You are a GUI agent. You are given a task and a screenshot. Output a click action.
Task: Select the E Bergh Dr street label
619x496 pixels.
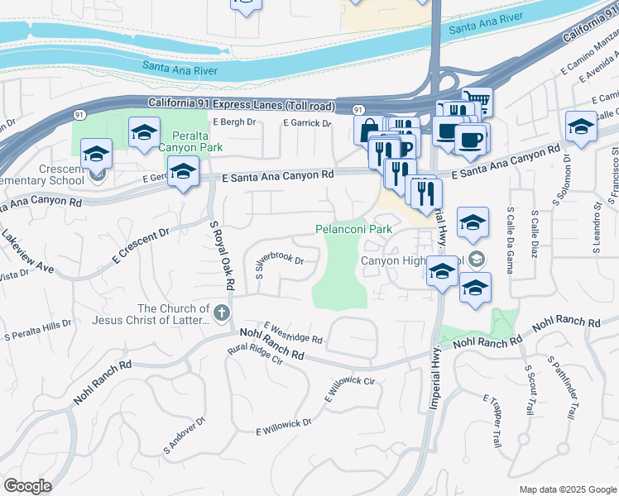coord(234,122)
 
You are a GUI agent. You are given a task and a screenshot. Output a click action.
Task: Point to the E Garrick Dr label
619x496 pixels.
coord(306,123)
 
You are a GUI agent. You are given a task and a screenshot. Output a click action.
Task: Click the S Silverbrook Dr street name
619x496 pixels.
coord(280,265)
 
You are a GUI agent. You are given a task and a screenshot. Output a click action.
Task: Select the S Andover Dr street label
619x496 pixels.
coord(185,436)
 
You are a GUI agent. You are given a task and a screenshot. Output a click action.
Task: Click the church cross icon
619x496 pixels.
coord(220,312)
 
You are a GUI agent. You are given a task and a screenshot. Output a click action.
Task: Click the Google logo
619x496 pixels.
coord(27,486)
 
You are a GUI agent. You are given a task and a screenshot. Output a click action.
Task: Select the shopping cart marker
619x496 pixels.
coord(477,103)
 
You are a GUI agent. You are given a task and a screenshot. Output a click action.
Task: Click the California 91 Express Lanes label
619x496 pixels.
coord(242,104)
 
